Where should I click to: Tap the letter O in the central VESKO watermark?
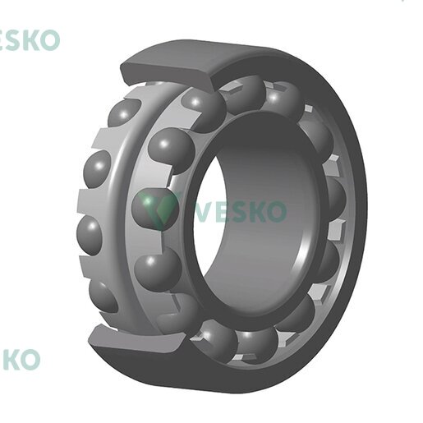coord(276,211)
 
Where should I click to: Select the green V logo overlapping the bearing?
coord(162,208)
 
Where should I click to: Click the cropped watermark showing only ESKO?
coord(29,40)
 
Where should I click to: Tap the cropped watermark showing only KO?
coord(21,359)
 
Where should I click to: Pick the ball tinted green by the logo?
coord(154,208)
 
